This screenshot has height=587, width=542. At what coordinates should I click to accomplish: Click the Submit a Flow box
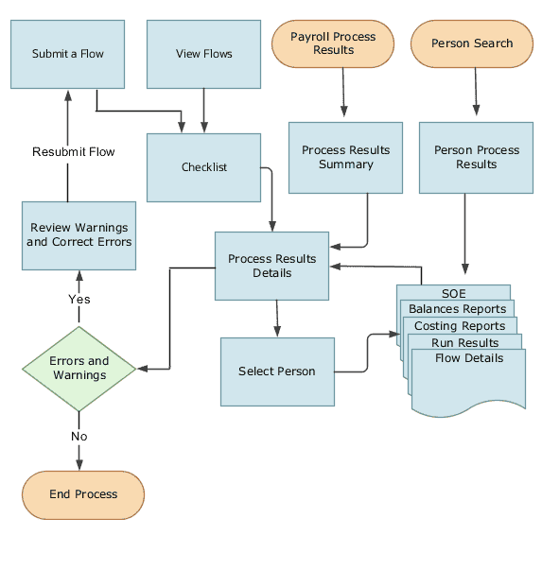tap(68, 54)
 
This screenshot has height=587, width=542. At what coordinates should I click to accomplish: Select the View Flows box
tap(203, 54)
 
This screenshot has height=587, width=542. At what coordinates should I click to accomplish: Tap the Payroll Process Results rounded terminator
tap(332, 43)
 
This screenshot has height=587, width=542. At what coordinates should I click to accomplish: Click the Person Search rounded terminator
tap(471, 43)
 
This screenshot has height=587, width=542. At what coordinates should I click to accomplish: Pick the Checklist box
tap(203, 167)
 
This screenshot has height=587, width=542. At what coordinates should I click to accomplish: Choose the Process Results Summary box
tap(345, 157)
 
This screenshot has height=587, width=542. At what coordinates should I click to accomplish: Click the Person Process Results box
tap(476, 157)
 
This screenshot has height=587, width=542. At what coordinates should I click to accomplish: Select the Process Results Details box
tap(272, 266)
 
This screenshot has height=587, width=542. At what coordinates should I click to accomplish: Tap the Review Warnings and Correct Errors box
tap(79, 234)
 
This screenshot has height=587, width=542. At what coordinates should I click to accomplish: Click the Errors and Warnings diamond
tap(79, 368)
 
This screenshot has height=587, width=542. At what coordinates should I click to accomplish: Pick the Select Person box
tap(277, 371)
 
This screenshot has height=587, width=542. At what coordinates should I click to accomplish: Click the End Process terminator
tap(83, 494)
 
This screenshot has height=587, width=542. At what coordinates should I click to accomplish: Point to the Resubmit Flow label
tap(73, 151)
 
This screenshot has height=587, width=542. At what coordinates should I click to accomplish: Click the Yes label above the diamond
tap(79, 299)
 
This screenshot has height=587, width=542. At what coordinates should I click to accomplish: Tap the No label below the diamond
tap(79, 436)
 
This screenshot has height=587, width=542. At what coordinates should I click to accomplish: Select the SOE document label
tap(454, 293)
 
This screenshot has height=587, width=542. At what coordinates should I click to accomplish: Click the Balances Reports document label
tap(458, 309)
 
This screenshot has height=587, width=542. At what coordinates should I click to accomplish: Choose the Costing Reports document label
tap(461, 326)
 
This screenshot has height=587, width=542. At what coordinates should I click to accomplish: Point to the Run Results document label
tap(465, 342)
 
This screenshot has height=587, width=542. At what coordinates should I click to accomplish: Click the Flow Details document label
tap(469, 358)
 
